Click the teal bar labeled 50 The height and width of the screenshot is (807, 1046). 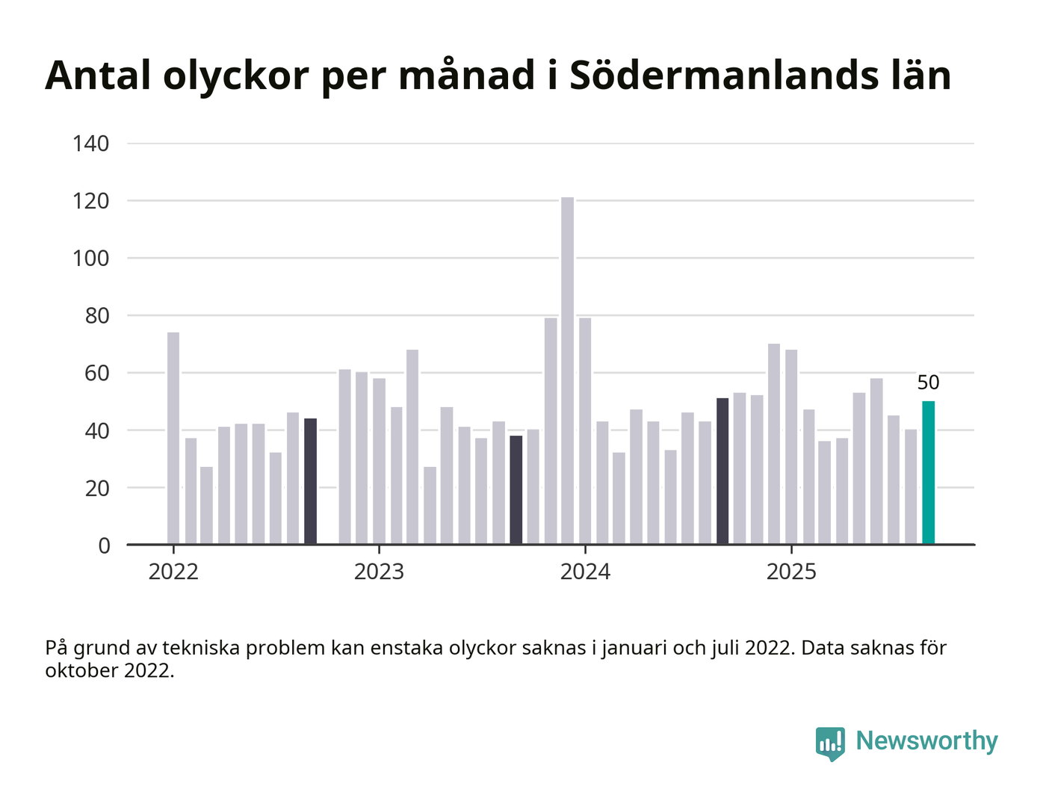coord(928,473)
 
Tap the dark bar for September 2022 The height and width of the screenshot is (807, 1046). coord(310,481)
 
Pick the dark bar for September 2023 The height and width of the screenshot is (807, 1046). coord(516,490)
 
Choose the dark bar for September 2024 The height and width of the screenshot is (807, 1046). coord(722,471)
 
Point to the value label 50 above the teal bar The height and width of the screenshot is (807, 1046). coord(928,383)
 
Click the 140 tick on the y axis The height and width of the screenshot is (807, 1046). coord(90,143)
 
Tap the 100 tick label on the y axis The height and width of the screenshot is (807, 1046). coord(90,259)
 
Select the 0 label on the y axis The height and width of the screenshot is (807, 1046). coord(104,545)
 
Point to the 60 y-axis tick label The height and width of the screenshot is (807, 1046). coord(96,373)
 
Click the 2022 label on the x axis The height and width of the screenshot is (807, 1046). coord(173,572)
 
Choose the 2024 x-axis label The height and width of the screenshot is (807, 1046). coord(585,572)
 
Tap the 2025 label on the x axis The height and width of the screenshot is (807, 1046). coord(791,572)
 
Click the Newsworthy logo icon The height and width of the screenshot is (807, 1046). coord(830,743)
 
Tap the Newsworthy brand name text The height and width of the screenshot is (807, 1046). coord(926,741)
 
